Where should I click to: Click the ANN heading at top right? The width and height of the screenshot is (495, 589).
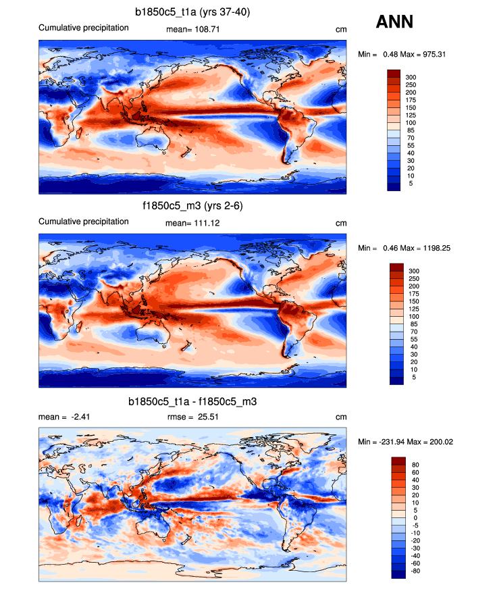point(394,22)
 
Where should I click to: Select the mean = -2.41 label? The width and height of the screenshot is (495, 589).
point(65,417)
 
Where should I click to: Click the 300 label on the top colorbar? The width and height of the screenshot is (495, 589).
point(411,78)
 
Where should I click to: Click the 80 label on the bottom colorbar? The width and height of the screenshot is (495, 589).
point(414,465)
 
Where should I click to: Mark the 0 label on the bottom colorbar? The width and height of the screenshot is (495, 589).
point(413,518)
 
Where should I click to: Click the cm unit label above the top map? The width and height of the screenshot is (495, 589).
point(340,29)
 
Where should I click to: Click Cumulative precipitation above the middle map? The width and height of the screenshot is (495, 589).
point(83,222)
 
